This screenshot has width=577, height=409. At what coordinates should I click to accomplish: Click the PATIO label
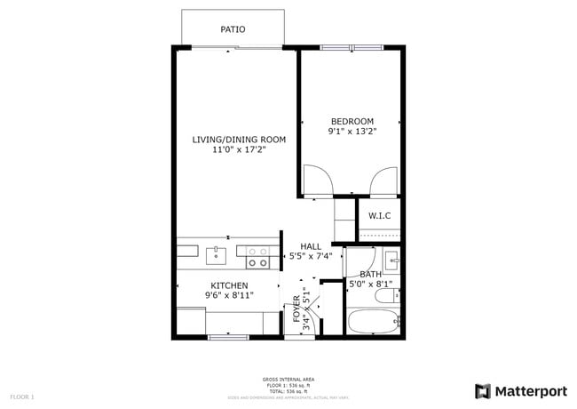click(x=233, y=29)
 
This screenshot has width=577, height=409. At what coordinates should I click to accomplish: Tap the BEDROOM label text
click(x=352, y=122)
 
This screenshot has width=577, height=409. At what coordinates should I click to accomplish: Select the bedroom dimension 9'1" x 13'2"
click(x=352, y=133)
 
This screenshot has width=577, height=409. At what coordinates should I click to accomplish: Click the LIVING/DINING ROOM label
click(x=240, y=139)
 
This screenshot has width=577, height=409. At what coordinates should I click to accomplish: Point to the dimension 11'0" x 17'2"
click(x=240, y=150)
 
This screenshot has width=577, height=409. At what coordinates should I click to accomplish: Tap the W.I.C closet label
click(x=380, y=216)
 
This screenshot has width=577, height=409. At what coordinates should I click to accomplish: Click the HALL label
click(x=311, y=246)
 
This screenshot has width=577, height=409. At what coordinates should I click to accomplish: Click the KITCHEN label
click(x=229, y=285)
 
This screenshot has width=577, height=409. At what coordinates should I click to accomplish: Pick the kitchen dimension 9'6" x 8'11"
click(x=229, y=296)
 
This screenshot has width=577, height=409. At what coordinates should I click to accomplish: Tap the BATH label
click(x=370, y=274)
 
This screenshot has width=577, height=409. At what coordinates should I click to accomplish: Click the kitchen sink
click(x=216, y=257)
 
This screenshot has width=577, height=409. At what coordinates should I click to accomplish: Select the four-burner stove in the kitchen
click(x=258, y=257)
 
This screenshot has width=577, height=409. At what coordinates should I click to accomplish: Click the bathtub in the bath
click(x=371, y=322)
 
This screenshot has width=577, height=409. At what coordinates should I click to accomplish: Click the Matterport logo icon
click(x=483, y=391)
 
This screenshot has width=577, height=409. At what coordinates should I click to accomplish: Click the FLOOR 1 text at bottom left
click(x=21, y=396)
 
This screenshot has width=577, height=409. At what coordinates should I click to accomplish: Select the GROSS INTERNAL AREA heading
click(x=288, y=379)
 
